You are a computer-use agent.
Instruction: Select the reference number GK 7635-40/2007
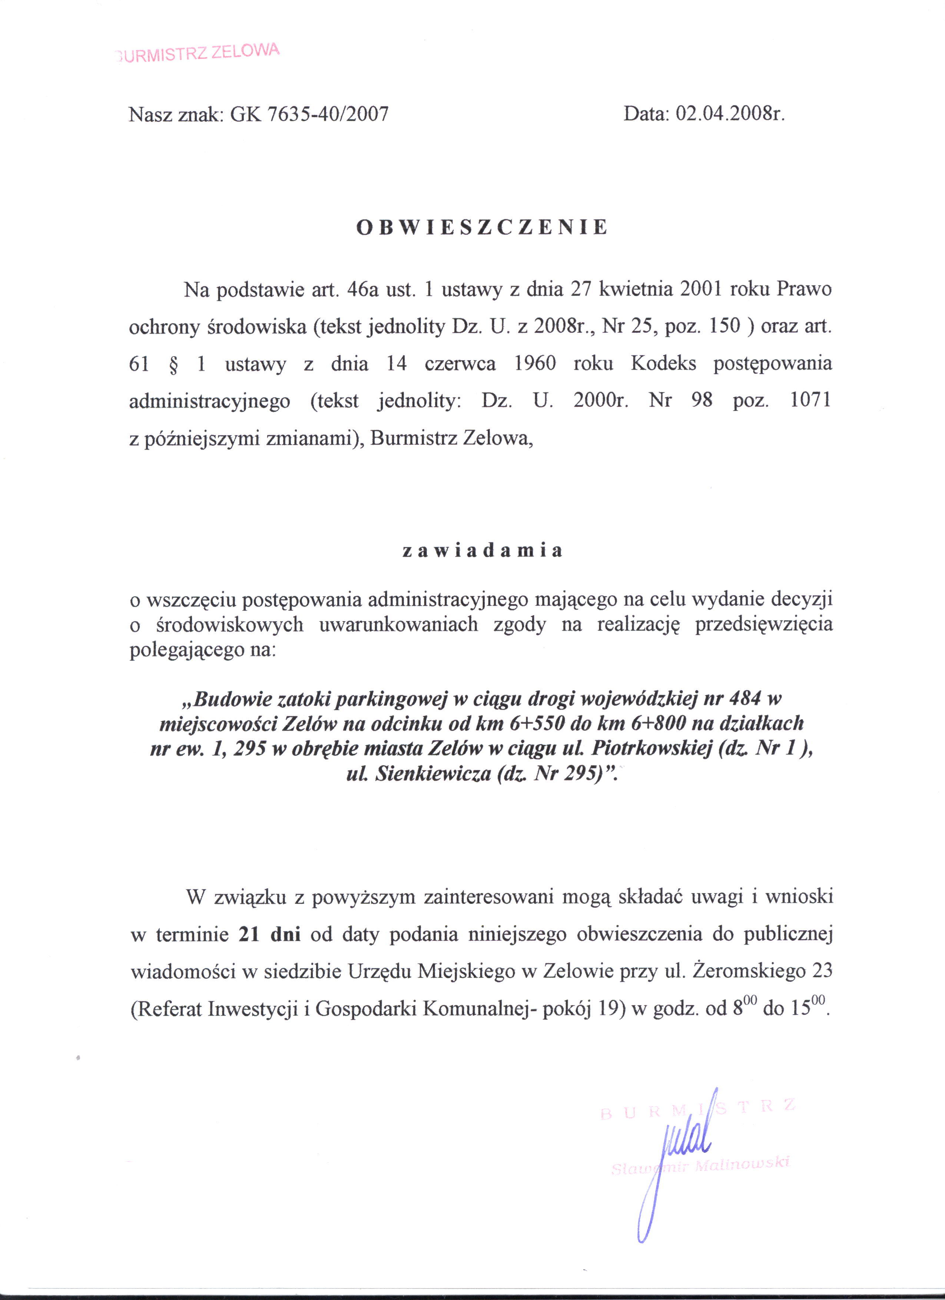click(309, 115)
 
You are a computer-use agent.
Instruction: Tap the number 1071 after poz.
click(810, 400)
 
